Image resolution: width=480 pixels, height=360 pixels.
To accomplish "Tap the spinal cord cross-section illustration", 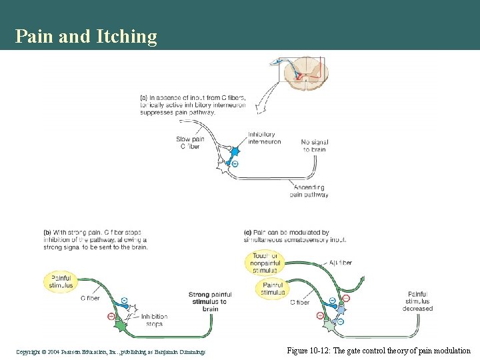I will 301,74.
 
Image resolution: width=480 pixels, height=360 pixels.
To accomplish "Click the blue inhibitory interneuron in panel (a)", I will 234,152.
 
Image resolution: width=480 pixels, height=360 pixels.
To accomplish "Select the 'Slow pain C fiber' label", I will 189,143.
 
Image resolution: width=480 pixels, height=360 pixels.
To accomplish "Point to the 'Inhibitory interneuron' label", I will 264,138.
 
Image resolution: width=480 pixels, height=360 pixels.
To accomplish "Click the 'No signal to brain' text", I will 314,145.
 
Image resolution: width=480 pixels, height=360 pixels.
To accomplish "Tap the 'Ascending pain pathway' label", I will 309,191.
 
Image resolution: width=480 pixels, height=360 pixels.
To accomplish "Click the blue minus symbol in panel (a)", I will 235,164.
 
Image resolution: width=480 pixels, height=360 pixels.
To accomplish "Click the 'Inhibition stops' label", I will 154,320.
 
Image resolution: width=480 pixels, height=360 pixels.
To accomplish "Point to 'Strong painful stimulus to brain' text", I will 210,301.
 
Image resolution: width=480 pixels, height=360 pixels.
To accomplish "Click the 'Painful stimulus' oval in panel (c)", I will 273,289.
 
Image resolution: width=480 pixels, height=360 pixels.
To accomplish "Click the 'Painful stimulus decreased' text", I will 417,301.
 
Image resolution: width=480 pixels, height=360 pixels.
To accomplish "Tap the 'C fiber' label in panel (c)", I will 299,302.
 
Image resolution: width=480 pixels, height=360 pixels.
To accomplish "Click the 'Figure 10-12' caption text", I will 378,351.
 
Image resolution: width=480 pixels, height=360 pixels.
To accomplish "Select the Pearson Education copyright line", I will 111,351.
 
